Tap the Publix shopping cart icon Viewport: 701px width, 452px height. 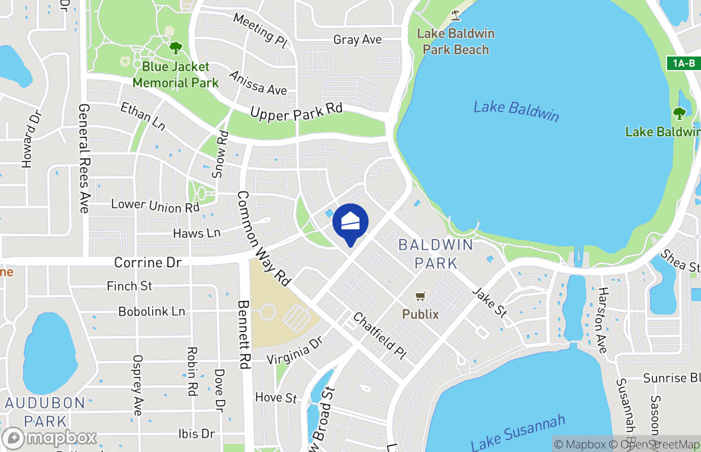pyautogui.click(x=420, y=297)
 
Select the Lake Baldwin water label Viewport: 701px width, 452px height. pyautogui.click(x=516, y=111)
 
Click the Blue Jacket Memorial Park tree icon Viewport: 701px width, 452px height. pyautogui.click(x=176, y=47)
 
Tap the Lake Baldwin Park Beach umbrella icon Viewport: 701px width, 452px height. pyautogui.click(x=455, y=15)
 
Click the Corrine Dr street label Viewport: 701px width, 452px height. pyautogui.click(x=148, y=263)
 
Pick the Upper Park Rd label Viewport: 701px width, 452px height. pyautogui.click(x=296, y=112)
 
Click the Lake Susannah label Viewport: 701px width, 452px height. pyautogui.click(x=518, y=433)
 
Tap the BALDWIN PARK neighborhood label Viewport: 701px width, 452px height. pyautogui.click(x=435, y=254)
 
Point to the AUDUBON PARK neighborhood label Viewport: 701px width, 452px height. pyautogui.click(x=45, y=412)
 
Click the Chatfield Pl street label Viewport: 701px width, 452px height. pyautogui.click(x=379, y=337)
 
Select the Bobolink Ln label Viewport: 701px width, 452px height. pyautogui.click(x=152, y=311)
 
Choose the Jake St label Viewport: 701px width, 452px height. pyautogui.click(x=490, y=302)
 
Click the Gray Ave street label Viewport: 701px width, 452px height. pyautogui.click(x=357, y=40)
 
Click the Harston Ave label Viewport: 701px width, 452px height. pyautogui.click(x=603, y=320)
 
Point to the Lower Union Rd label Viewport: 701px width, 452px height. pyautogui.click(x=155, y=206)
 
